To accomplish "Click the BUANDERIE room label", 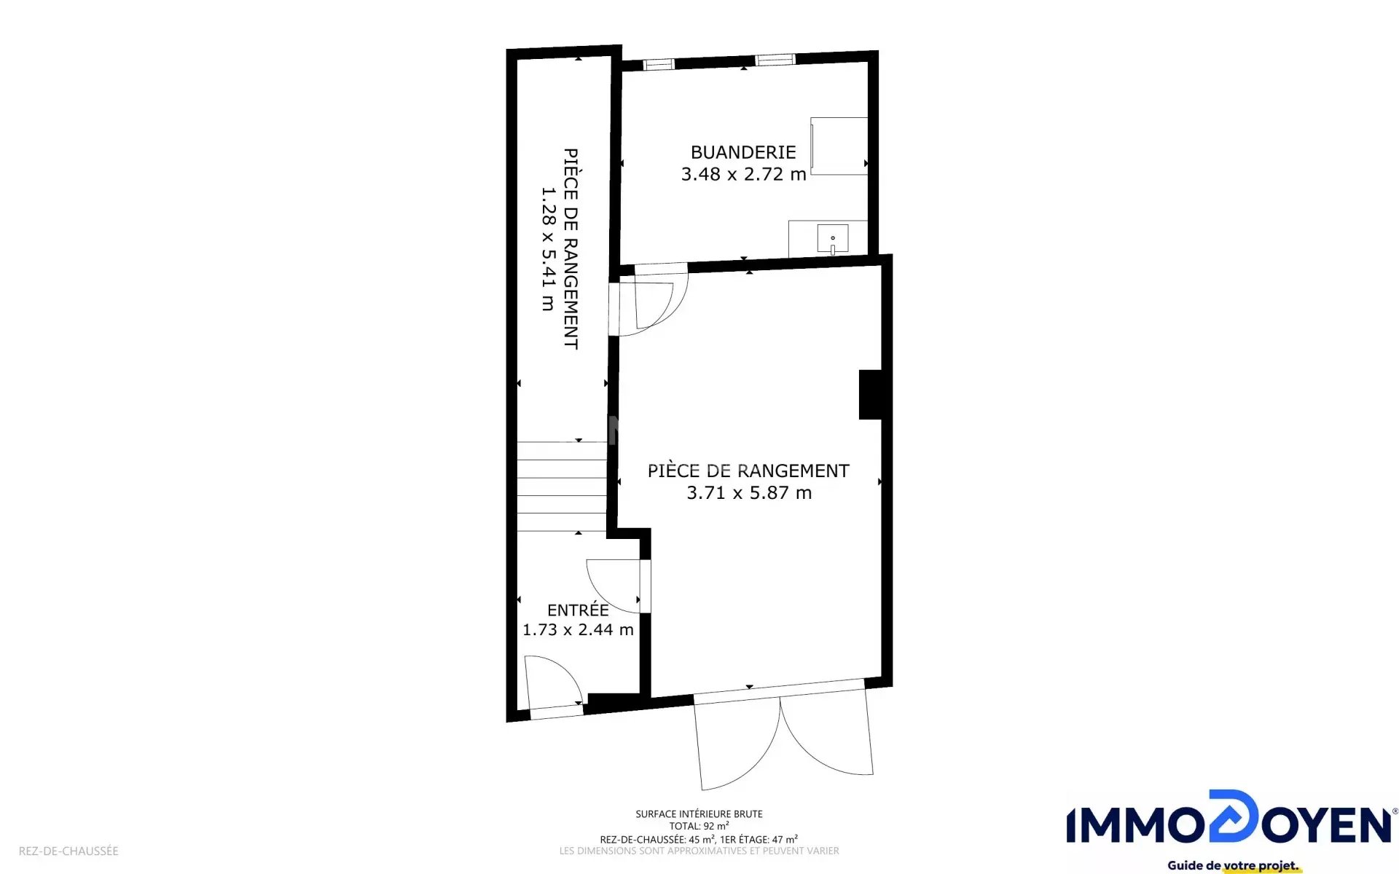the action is pos(743,152).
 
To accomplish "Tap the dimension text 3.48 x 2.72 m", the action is pos(743,174).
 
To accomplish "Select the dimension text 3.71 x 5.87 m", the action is pos(749,492).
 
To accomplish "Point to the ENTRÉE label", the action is pos(578,610).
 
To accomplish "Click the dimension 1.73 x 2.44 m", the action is pos(578,629).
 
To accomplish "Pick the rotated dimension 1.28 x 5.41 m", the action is pos(548,249).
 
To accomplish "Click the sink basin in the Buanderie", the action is pos(832,239).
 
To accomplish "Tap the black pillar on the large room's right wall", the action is pos(871,395).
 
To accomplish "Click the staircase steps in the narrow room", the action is pos(562,487).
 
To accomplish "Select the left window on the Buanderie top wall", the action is pos(659,65).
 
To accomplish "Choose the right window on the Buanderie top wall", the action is pos(775,60).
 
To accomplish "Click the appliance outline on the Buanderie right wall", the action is pos(839,146).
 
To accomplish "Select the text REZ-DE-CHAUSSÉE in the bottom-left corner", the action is pos(68,851).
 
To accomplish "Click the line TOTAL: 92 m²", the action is pos(699,826).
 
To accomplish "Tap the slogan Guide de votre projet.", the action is pos(1233,865).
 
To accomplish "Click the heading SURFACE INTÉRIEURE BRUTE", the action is pos(699,814).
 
